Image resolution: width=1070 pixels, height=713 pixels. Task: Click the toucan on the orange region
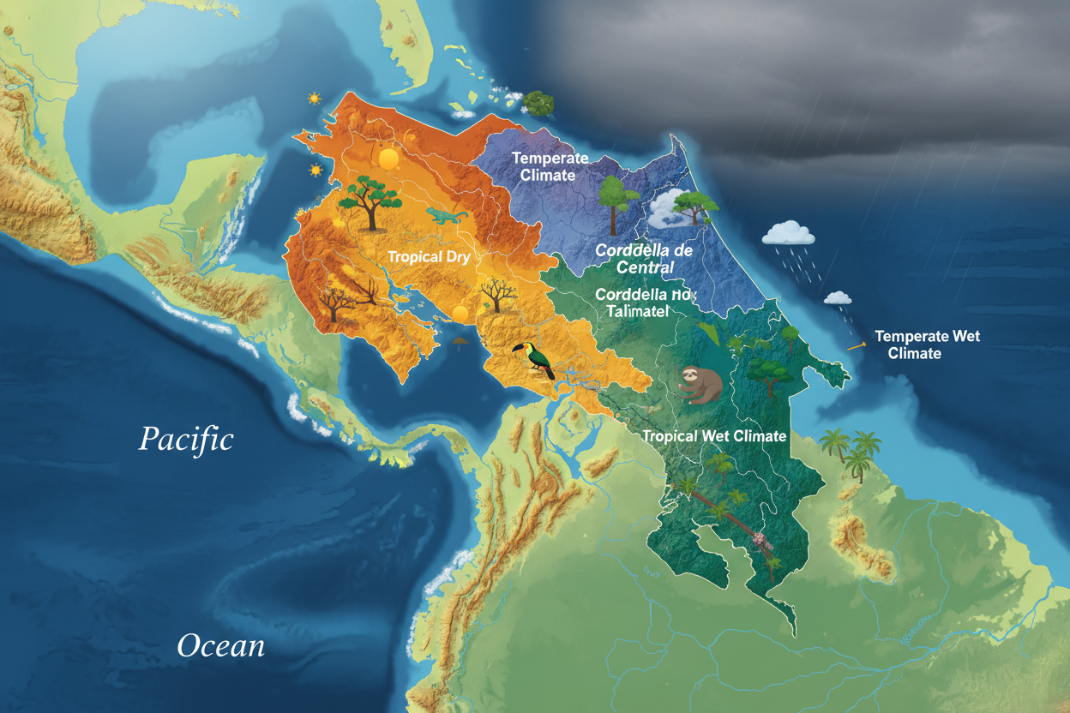(x=534, y=359)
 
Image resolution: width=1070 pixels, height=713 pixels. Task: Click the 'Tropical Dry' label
(x=429, y=257)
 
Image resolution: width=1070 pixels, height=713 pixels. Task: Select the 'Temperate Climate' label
(x=550, y=166)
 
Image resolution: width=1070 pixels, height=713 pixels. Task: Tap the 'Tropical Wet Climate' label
(x=714, y=436)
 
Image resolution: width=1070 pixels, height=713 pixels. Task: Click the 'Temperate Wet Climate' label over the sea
(x=926, y=345)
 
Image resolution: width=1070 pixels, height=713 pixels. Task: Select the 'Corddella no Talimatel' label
(x=642, y=303)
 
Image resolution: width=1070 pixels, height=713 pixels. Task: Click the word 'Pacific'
(x=186, y=440)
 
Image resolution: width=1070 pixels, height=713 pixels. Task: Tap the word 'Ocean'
(x=220, y=645)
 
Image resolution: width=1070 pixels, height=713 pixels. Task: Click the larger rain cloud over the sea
(x=788, y=232)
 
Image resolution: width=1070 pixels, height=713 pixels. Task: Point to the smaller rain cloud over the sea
(x=838, y=298)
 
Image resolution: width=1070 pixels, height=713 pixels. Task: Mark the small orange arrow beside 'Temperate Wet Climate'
(x=856, y=347)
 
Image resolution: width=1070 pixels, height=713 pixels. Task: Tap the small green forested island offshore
(x=538, y=103)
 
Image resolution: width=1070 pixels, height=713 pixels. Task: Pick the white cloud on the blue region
(x=666, y=210)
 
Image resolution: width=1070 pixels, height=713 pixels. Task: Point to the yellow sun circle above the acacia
(x=388, y=159)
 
